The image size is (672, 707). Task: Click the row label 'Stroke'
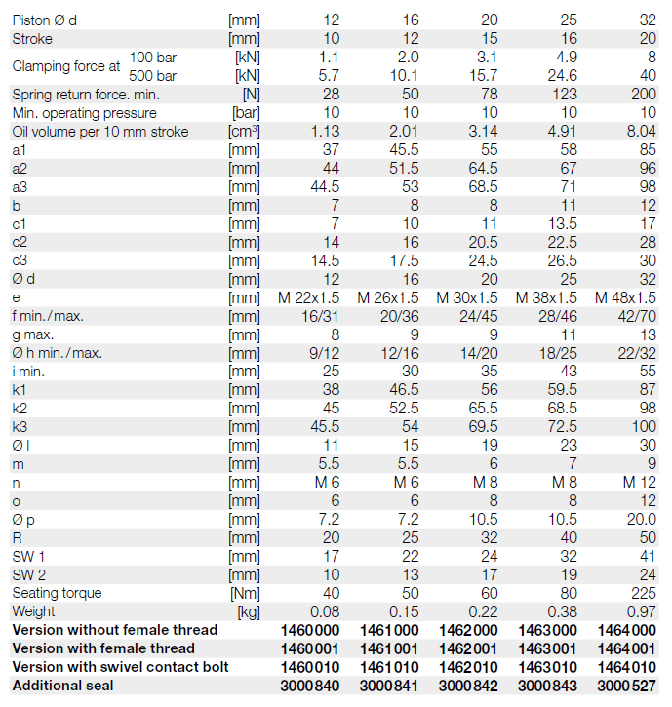click(32, 39)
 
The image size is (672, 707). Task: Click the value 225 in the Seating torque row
click(644, 593)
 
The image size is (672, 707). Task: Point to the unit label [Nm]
click(244, 593)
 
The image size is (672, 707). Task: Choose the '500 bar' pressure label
click(152, 76)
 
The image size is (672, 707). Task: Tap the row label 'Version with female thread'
click(103, 648)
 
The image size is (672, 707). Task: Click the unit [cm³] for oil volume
click(244, 132)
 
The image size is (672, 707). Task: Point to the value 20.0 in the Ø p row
click(639, 519)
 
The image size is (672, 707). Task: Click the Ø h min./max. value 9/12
click(321, 353)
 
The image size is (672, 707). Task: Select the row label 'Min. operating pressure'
click(85, 113)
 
